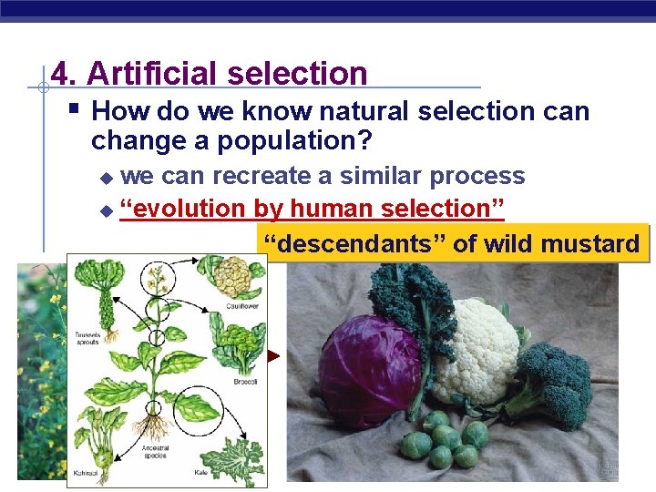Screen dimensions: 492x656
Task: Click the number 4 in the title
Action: tap(60, 73)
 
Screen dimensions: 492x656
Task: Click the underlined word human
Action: tap(324, 208)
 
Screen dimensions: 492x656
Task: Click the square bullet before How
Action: tap(75, 111)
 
